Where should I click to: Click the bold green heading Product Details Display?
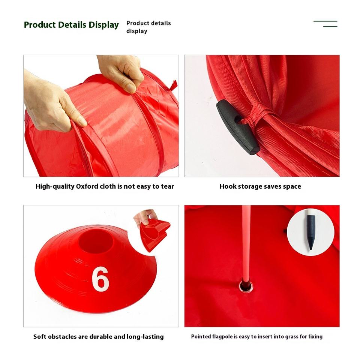(x=71, y=25)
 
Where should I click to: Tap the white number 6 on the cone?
(x=100, y=279)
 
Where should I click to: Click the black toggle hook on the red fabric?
(x=238, y=127)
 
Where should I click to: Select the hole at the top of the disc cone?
(x=96, y=241)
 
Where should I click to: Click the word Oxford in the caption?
(x=87, y=186)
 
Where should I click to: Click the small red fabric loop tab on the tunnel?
(x=173, y=86)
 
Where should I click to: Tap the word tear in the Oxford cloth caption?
(x=167, y=186)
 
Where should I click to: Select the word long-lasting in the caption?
(x=145, y=337)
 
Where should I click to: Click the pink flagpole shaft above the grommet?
(x=246, y=243)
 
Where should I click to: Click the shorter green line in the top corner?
(x=330, y=27)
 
